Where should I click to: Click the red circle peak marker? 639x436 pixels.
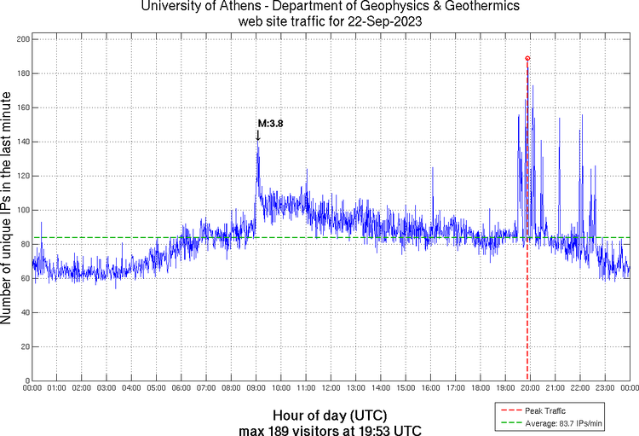pyautogui.click(x=527, y=58)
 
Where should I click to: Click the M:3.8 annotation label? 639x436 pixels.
pyautogui.click(x=270, y=124)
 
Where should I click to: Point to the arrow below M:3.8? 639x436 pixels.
pyautogui.click(x=257, y=135)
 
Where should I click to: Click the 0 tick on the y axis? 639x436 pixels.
pyautogui.click(x=27, y=381)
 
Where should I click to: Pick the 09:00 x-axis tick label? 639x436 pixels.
pyautogui.click(x=256, y=388)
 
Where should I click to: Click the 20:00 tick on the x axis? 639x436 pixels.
pyautogui.click(x=530, y=388)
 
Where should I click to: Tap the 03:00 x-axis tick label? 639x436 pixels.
pyautogui.click(x=107, y=388)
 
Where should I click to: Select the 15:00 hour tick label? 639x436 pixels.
pyautogui.click(x=406, y=388)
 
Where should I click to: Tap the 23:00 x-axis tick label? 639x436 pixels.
pyautogui.click(x=605, y=388)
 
